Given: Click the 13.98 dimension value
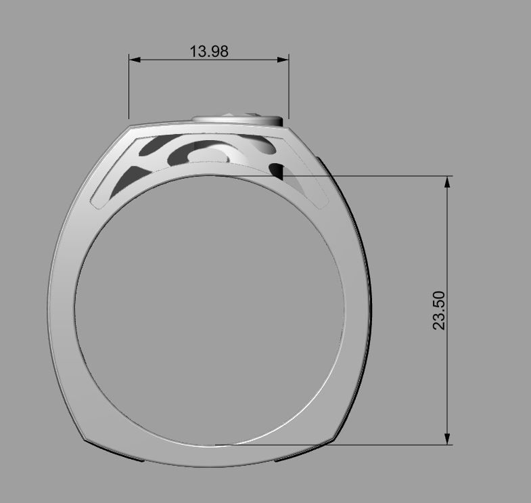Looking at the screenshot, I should pos(208,51).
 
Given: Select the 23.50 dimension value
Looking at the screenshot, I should pos(440,310).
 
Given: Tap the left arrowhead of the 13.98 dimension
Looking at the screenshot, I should pos(134,60).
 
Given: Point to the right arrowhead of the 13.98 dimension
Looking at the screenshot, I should pos(283,60).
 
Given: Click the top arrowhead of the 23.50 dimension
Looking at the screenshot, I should pos(447,182).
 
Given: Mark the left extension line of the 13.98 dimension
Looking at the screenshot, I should pos(129,88).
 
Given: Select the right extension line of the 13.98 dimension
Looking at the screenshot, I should pos(289,88).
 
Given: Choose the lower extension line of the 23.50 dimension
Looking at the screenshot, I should pos(338,445).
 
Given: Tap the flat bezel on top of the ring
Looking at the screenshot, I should pos(237,120).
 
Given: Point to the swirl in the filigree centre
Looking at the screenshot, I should pos(210,154).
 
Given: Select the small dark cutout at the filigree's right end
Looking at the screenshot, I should pos(277,170).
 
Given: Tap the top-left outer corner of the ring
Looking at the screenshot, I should pos(130,126).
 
